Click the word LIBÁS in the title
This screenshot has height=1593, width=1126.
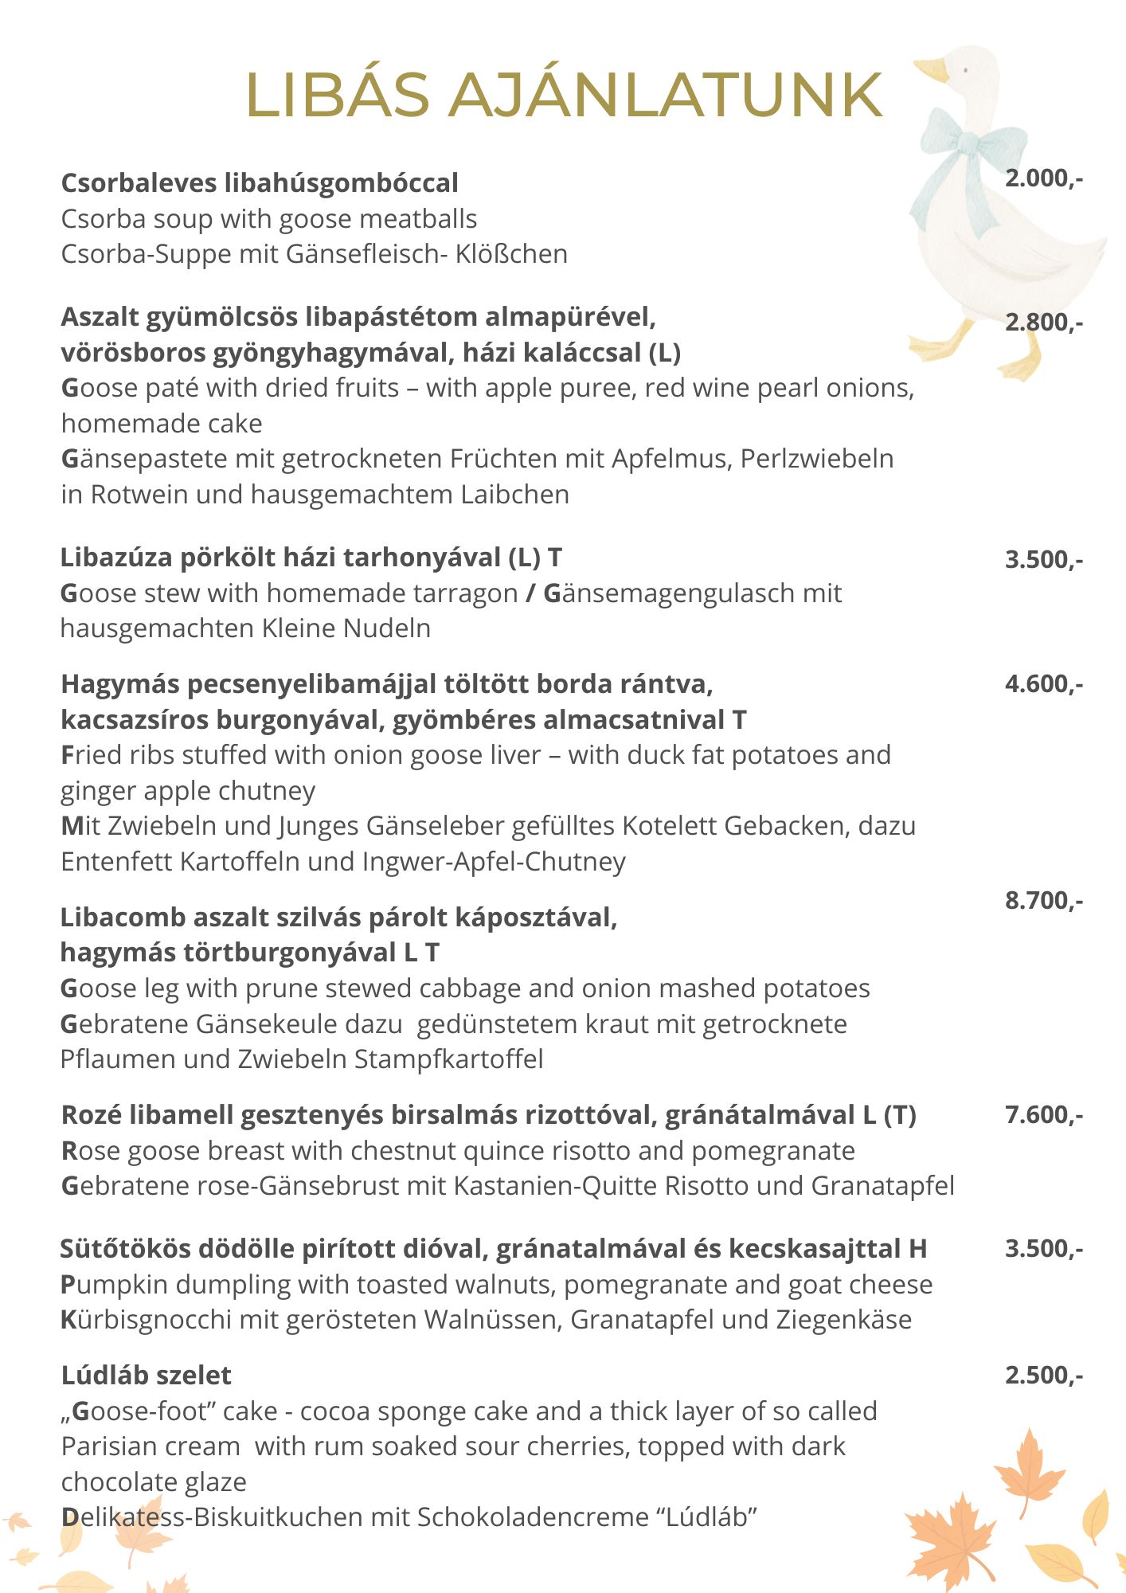click(x=338, y=95)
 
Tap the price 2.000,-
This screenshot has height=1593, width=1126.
click(x=1043, y=178)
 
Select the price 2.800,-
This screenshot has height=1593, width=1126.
click(x=1043, y=322)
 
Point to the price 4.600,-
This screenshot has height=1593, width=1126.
click(x=1043, y=683)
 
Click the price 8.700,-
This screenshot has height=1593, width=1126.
click(x=1043, y=900)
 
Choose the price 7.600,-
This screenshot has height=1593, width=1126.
click(x=1043, y=1114)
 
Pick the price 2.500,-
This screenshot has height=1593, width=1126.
click(x=1043, y=1375)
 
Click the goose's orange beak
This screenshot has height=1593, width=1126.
click(x=932, y=70)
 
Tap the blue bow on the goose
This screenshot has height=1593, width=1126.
click(x=964, y=151)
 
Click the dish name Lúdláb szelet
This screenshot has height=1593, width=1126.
click(x=146, y=1375)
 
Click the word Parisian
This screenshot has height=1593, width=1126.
click(x=111, y=1446)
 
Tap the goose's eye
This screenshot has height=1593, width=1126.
click(x=965, y=70)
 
